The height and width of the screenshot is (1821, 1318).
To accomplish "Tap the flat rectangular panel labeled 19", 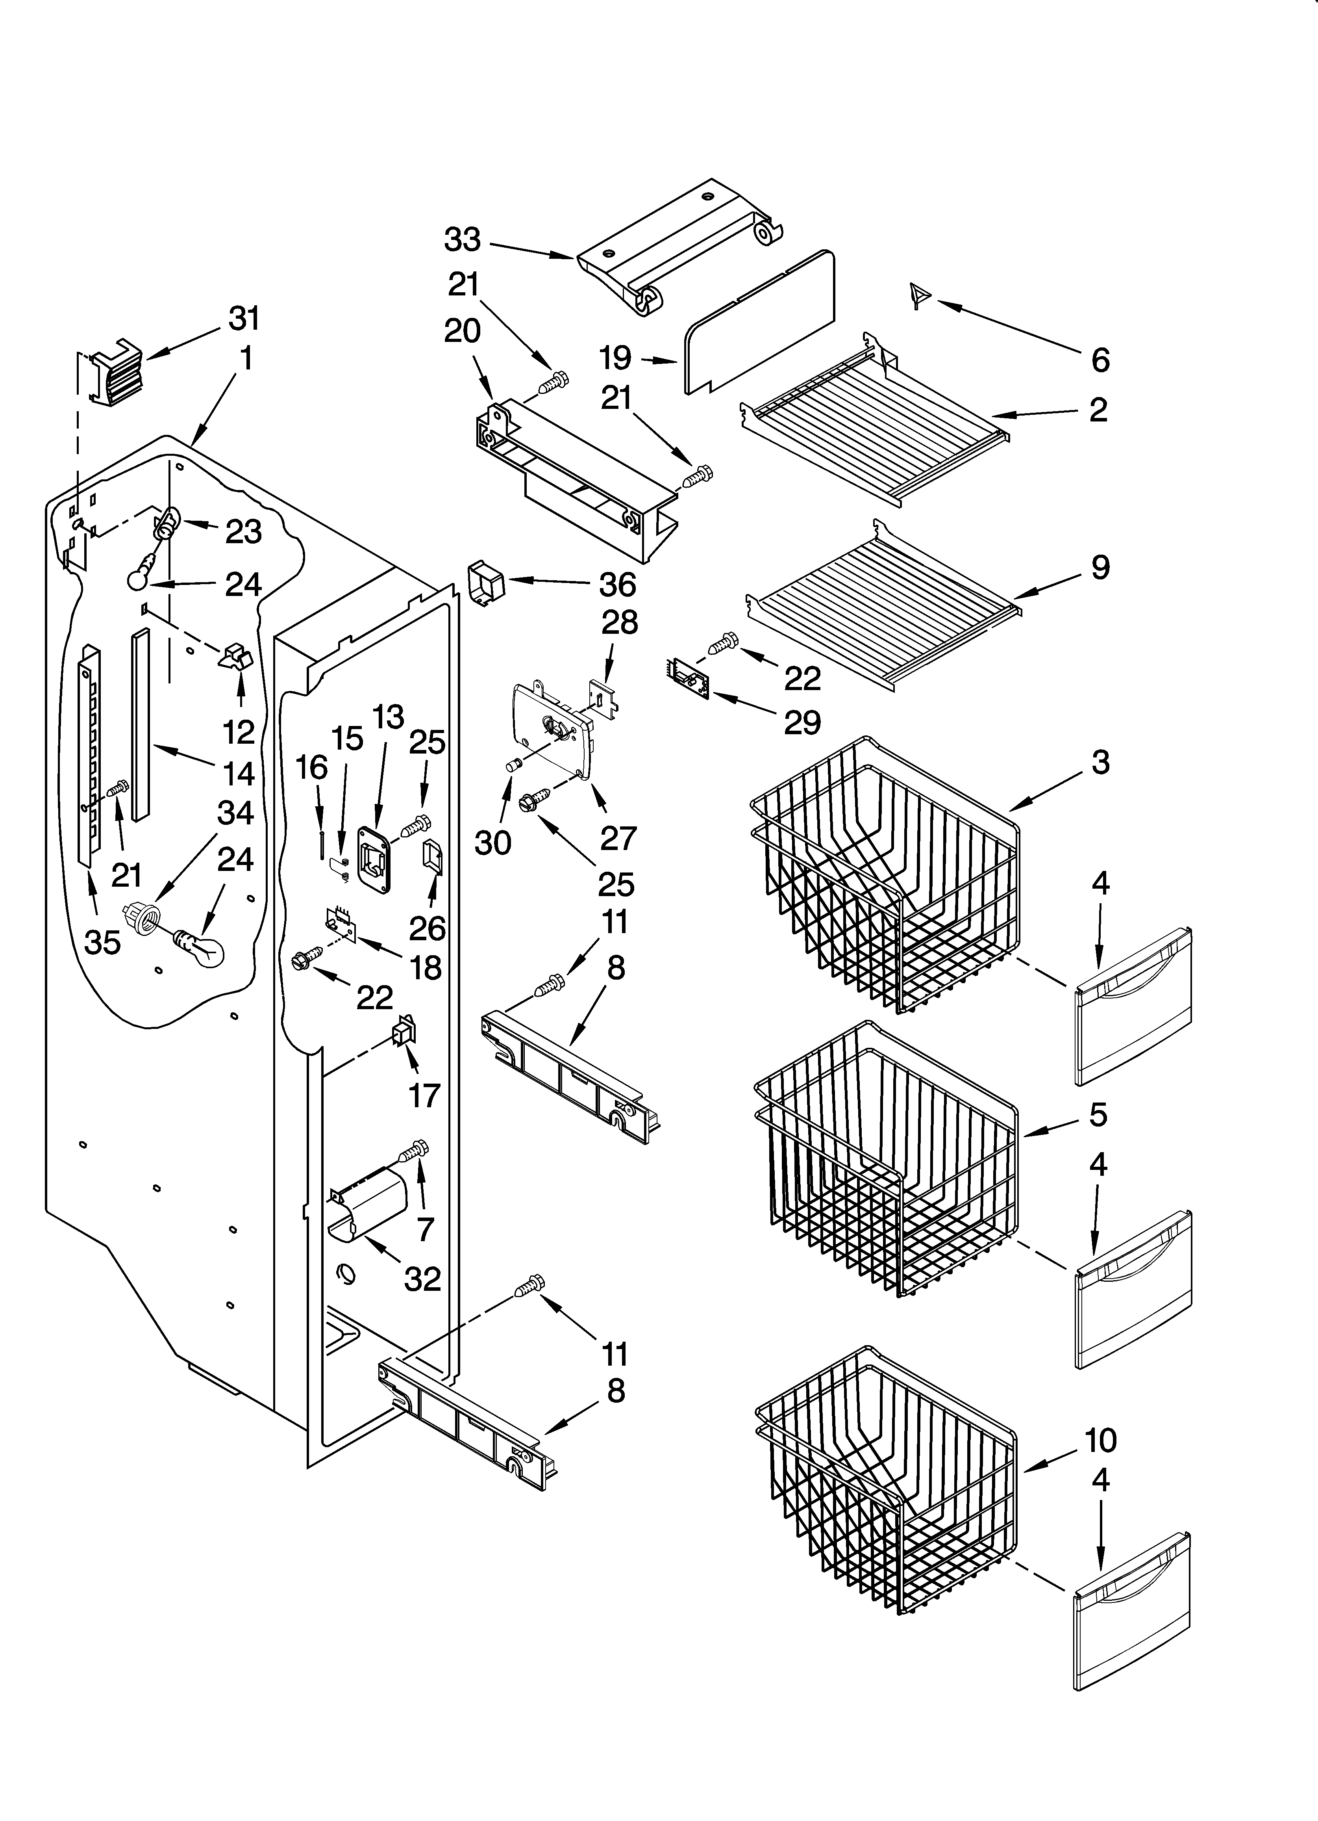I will (x=759, y=323).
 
